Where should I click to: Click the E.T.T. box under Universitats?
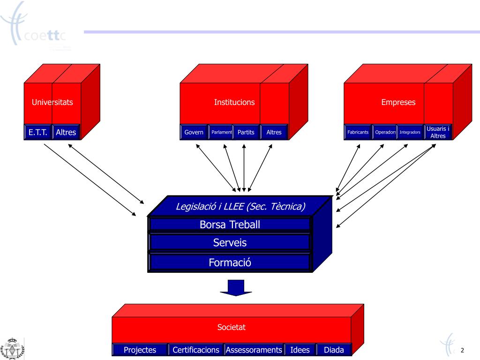point(37,132)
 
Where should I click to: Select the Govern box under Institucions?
point(194,132)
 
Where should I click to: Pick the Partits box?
point(246,132)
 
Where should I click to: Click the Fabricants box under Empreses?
point(358,132)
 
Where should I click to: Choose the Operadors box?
point(385,132)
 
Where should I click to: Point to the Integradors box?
point(410,132)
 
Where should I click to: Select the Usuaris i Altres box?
point(438,132)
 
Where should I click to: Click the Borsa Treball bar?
point(230,225)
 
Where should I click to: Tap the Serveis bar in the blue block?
point(230,242)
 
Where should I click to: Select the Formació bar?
point(230,262)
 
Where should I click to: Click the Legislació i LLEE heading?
point(240,206)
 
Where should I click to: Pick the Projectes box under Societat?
point(140,350)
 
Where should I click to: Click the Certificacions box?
point(195,350)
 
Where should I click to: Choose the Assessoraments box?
point(254,350)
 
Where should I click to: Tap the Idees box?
point(300,350)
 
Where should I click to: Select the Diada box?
point(334,350)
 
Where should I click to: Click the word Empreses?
point(398,102)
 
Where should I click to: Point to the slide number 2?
point(462,350)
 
